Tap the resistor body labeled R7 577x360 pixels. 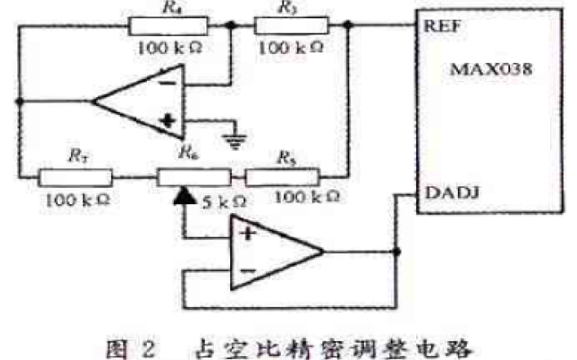(75, 175)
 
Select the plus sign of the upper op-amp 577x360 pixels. (169, 122)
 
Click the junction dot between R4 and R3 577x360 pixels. (232, 25)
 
